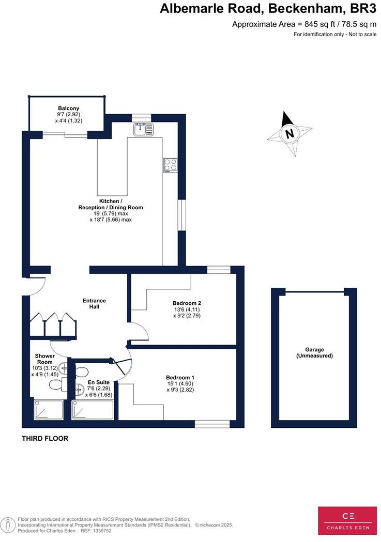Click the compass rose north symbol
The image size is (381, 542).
click(289, 133)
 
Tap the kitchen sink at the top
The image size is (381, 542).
click(143, 129)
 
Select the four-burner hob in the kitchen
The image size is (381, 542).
click(171, 165)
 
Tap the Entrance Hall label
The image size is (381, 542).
click(94, 303)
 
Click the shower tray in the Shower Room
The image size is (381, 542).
click(48, 409)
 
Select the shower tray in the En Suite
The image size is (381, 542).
click(93, 410)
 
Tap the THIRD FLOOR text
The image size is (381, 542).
click(45, 439)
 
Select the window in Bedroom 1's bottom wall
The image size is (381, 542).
click(212, 424)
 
